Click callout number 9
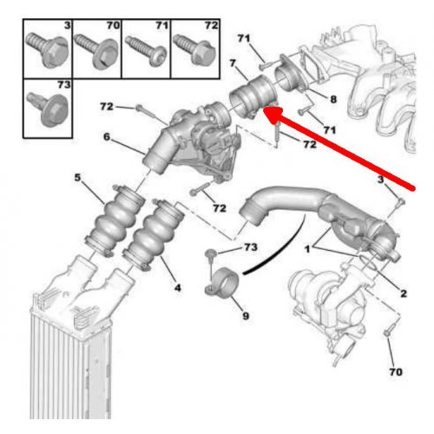point(246,316)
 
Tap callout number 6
point(107,136)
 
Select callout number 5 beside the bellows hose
point(77,177)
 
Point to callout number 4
point(177,287)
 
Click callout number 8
point(333,100)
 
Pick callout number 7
point(233,63)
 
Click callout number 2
point(404,293)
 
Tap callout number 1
point(307,249)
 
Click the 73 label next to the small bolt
point(250,247)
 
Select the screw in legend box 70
point(96,51)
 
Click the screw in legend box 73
point(48,109)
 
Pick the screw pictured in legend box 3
point(48,49)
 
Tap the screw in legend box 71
point(146,50)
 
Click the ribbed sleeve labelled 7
point(253,96)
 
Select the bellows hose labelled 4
point(154,235)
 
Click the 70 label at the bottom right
point(396,372)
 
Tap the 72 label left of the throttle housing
point(107,107)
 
